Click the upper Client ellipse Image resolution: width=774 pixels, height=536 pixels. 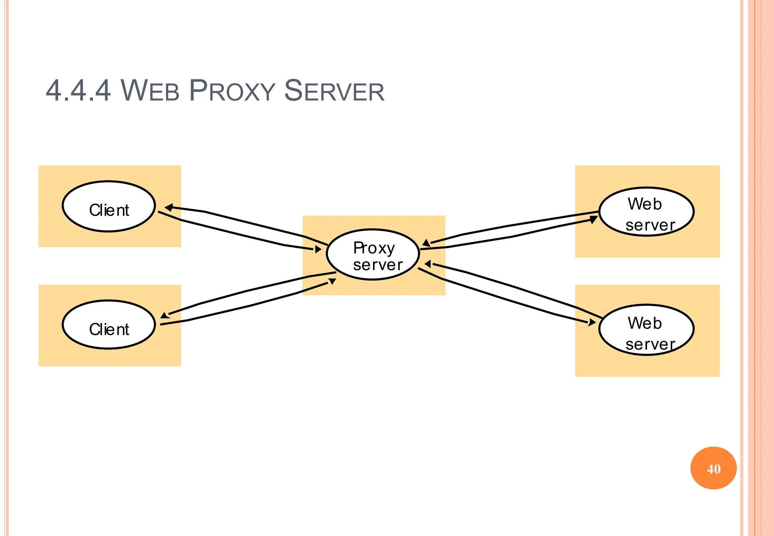click(x=109, y=206)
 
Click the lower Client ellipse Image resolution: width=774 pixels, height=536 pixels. click(x=109, y=325)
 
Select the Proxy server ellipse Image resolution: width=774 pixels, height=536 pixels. click(x=373, y=254)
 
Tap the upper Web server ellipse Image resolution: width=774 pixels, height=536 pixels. click(x=646, y=212)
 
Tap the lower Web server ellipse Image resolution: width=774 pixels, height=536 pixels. click(x=646, y=330)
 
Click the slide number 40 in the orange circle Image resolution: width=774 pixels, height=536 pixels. click(x=714, y=469)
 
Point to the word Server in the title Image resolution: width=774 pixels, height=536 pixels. click(x=334, y=91)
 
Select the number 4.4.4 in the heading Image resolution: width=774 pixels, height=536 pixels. click(x=78, y=91)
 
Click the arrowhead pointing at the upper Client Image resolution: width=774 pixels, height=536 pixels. click(x=169, y=207)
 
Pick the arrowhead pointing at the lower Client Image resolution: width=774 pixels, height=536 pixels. click(x=164, y=316)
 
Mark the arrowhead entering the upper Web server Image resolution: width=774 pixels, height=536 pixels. click(x=594, y=219)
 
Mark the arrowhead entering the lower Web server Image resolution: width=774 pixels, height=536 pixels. click(x=592, y=322)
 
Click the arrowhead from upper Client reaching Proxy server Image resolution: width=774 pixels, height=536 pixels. click(x=318, y=249)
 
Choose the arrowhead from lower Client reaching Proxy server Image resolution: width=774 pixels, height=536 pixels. click(x=332, y=281)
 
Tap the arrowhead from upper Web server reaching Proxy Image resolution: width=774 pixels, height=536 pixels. click(x=426, y=243)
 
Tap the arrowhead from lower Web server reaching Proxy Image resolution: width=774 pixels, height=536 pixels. click(x=428, y=264)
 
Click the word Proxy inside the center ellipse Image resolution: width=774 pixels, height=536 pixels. click(x=374, y=248)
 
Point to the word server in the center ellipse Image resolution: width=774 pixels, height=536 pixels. click(x=378, y=265)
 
